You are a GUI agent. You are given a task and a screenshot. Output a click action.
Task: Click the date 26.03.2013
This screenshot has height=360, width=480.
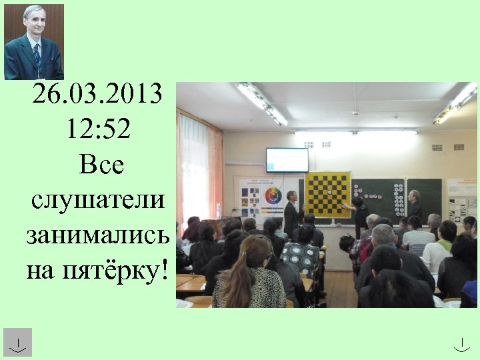pos(97,95)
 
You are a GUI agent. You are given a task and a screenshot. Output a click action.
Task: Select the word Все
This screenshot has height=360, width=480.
pos(101,164)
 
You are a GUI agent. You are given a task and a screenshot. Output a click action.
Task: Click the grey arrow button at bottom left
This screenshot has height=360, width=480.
pos(17,342)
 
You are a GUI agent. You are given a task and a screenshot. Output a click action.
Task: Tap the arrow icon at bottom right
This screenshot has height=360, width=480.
pos(461,344)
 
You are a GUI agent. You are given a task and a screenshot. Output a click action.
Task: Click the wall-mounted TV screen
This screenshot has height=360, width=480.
pos(287,160)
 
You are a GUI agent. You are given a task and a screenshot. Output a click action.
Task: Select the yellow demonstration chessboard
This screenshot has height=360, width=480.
pos(327,194)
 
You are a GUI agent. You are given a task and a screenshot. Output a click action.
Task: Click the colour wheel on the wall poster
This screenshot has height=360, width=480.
pos(273,197)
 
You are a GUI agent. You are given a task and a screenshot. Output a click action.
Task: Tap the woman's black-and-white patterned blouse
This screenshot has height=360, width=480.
pos(300,257)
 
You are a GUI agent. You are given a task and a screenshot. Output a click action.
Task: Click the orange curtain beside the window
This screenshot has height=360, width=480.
pos(215,173)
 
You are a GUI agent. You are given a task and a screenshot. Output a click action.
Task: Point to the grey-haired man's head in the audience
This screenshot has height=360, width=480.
pos(383,234)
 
